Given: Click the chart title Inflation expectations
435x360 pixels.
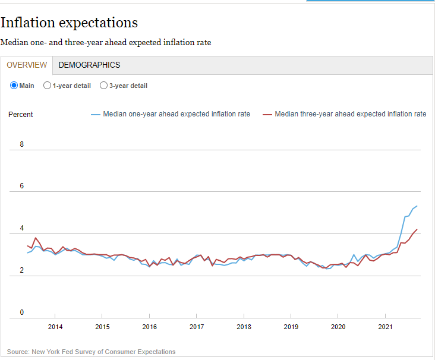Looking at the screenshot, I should pyautogui.click(x=69, y=23).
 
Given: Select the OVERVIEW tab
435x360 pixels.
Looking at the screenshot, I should pyautogui.click(x=27, y=65).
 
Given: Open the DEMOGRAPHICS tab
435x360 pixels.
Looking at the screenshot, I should pyautogui.click(x=89, y=65).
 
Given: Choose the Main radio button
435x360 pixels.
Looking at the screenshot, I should pyautogui.click(x=14, y=86).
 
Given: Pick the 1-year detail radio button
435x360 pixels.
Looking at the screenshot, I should pyautogui.click(x=48, y=86).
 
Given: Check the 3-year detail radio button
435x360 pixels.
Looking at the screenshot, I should pyautogui.click(x=104, y=86).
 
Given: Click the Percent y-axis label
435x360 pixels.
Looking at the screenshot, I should pyautogui.click(x=21, y=115).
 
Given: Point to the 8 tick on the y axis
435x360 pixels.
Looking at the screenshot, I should pyautogui.click(x=22, y=144).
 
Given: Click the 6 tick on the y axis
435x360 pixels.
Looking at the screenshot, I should pyautogui.click(x=22, y=186).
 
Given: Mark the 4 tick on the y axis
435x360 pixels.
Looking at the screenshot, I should pyautogui.click(x=22, y=228).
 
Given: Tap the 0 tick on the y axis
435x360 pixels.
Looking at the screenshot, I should pyautogui.click(x=22, y=312).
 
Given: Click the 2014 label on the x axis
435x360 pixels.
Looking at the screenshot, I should pyautogui.click(x=55, y=327).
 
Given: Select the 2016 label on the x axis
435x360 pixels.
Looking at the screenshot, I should pyautogui.click(x=150, y=327).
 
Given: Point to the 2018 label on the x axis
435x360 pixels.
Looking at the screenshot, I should pyautogui.click(x=244, y=327).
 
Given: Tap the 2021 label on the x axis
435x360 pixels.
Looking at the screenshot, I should pyautogui.click(x=385, y=327).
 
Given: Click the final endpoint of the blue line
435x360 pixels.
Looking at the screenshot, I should pyautogui.click(x=417, y=206).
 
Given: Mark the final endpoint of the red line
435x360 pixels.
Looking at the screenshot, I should pyautogui.click(x=417, y=229).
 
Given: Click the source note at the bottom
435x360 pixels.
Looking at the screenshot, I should pyautogui.click(x=92, y=352).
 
